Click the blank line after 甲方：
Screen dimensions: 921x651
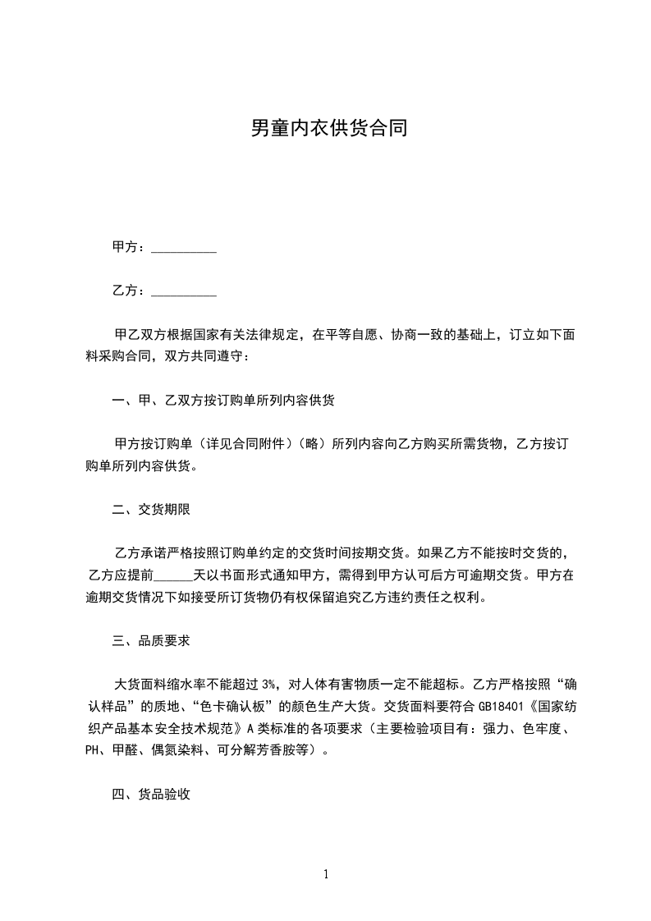184,247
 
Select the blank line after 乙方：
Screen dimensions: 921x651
184,291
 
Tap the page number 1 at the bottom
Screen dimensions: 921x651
326,875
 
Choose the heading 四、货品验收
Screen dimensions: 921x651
151,794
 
